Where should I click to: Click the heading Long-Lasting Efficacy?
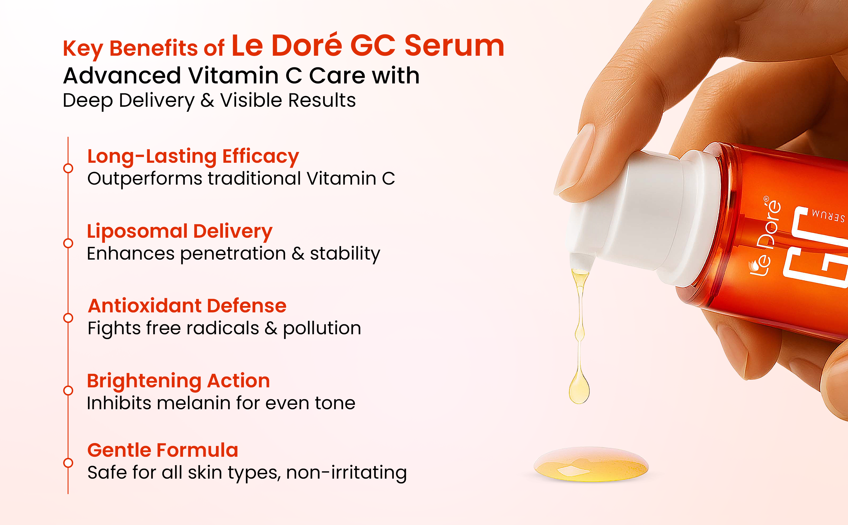pos(193,156)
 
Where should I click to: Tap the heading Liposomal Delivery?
pos(180,231)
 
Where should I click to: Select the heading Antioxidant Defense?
pos(187,306)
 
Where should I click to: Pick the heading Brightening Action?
pos(178,381)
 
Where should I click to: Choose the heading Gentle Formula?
pos(163,450)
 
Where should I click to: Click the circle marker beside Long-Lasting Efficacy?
pos(68,168)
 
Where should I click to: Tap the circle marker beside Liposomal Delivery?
pos(68,243)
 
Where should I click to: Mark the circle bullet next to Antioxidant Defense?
pos(68,318)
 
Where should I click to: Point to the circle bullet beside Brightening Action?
pos(68,390)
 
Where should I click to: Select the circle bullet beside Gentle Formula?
pos(68,463)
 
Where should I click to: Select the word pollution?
pos(322,328)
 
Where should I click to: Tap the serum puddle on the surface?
pos(591,465)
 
